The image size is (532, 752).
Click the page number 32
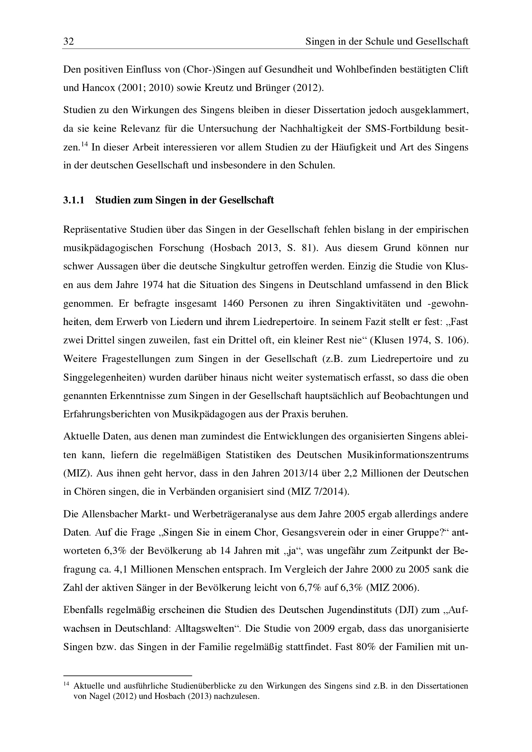pyautogui.click(x=69, y=41)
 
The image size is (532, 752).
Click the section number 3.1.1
pyautogui.click(x=74, y=200)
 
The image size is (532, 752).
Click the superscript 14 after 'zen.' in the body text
pyautogui.click(x=85, y=144)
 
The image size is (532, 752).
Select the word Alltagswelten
pyautogui.click(x=206, y=629)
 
